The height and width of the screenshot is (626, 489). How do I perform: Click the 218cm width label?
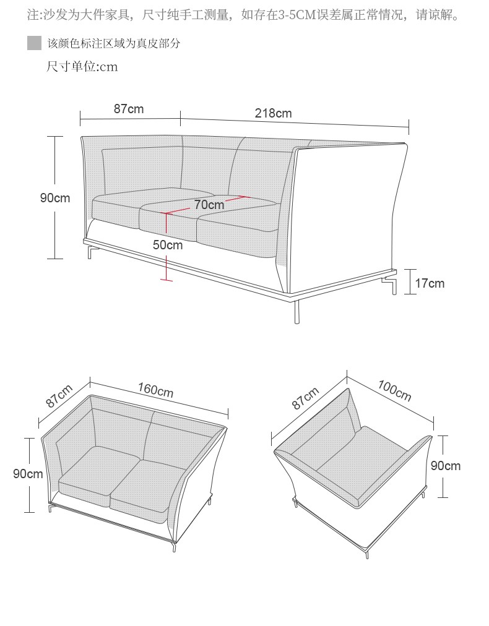273,113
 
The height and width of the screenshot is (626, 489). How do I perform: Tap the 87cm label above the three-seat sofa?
129,109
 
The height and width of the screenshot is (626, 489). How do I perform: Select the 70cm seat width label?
209,204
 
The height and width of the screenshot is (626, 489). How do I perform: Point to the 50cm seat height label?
168,244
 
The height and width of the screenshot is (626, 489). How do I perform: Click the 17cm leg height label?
430,283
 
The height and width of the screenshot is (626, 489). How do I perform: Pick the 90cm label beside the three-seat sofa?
55,197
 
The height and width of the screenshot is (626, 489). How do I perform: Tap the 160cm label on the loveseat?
156,390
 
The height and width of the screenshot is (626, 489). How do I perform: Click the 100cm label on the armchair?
394,390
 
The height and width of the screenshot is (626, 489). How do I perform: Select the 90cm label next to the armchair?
446,466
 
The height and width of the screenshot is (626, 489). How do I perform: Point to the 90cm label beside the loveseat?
28,473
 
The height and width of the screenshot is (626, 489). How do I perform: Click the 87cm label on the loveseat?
59,396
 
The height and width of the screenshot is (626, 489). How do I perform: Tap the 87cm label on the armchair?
305,398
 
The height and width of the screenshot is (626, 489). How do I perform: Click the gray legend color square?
35,43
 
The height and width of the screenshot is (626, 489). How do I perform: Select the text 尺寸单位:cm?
82,66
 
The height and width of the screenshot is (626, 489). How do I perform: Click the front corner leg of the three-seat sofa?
297,311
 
